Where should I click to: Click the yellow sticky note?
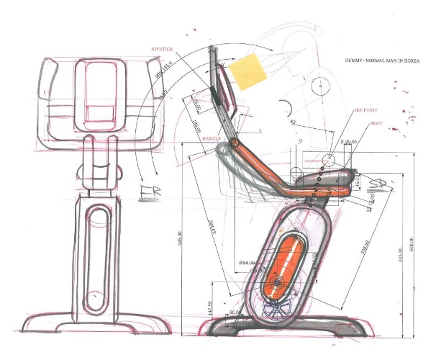(248, 72)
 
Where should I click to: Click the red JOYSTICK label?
(163, 49)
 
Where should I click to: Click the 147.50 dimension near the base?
(190, 307)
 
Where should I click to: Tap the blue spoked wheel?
(276, 309)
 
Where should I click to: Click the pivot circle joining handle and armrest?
(235, 144)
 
